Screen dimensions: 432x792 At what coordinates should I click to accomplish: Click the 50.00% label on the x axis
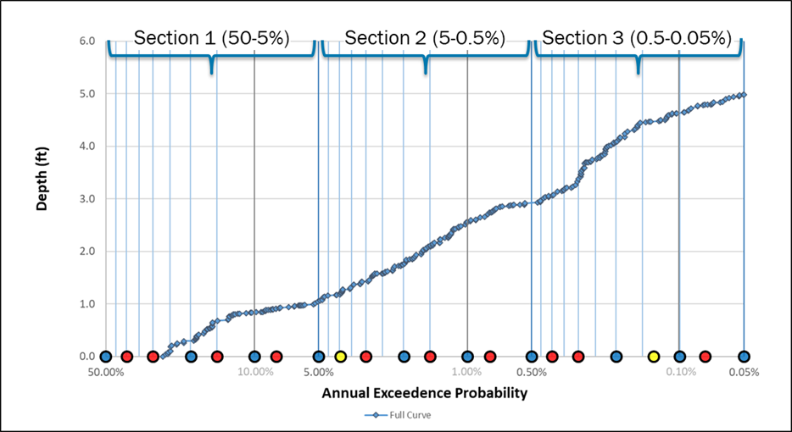tap(106, 372)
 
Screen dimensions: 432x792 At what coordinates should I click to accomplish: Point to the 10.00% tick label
tap(255, 372)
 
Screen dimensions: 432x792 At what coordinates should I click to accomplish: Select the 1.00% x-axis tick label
tap(467, 372)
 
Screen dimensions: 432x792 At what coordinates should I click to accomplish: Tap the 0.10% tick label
tap(680, 372)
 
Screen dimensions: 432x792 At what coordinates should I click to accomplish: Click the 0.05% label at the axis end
tap(744, 372)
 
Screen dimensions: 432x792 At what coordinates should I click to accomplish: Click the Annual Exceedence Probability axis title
tap(425, 393)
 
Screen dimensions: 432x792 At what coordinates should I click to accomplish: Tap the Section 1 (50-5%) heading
tap(211, 38)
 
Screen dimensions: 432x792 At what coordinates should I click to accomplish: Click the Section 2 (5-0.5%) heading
tap(425, 38)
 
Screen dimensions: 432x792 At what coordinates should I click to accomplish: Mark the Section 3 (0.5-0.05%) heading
tap(636, 38)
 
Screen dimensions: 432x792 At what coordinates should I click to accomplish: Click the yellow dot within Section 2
tap(341, 357)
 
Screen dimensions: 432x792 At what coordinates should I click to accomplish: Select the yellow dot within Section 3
tap(654, 357)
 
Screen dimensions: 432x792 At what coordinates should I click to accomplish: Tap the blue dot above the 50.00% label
tap(106, 357)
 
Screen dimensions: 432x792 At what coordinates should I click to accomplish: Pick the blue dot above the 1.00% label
tap(467, 357)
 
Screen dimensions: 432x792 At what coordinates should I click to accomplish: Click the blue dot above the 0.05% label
tap(744, 357)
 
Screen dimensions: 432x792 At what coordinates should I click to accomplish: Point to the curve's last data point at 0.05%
tap(744, 95)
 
